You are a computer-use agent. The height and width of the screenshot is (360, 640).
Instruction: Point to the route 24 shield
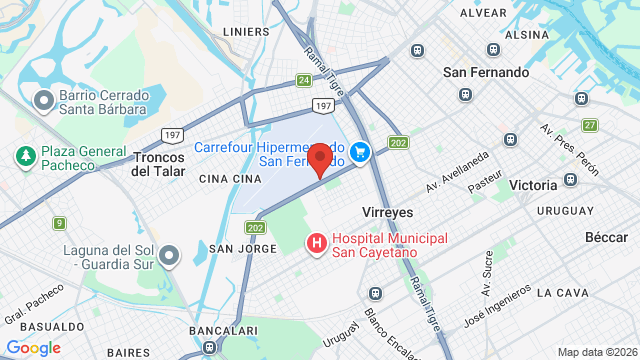tap(303, 80)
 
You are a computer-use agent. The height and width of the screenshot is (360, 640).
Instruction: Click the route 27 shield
tap(591, 125)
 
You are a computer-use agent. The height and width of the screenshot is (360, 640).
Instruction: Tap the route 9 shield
tap(60, 223)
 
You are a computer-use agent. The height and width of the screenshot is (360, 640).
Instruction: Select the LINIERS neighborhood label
tap(246, 31)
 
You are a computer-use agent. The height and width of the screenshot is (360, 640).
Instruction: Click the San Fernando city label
tap(486, 72)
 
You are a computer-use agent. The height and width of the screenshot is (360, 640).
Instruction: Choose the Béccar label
tap(606, 237)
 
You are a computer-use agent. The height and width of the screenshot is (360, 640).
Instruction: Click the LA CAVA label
tap(558, 292)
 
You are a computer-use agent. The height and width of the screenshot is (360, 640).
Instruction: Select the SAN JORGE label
tap(235, 248)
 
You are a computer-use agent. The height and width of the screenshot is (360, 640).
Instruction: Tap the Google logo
tap(34, 347)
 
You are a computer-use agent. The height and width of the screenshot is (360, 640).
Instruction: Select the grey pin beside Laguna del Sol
tap(170, 256)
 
